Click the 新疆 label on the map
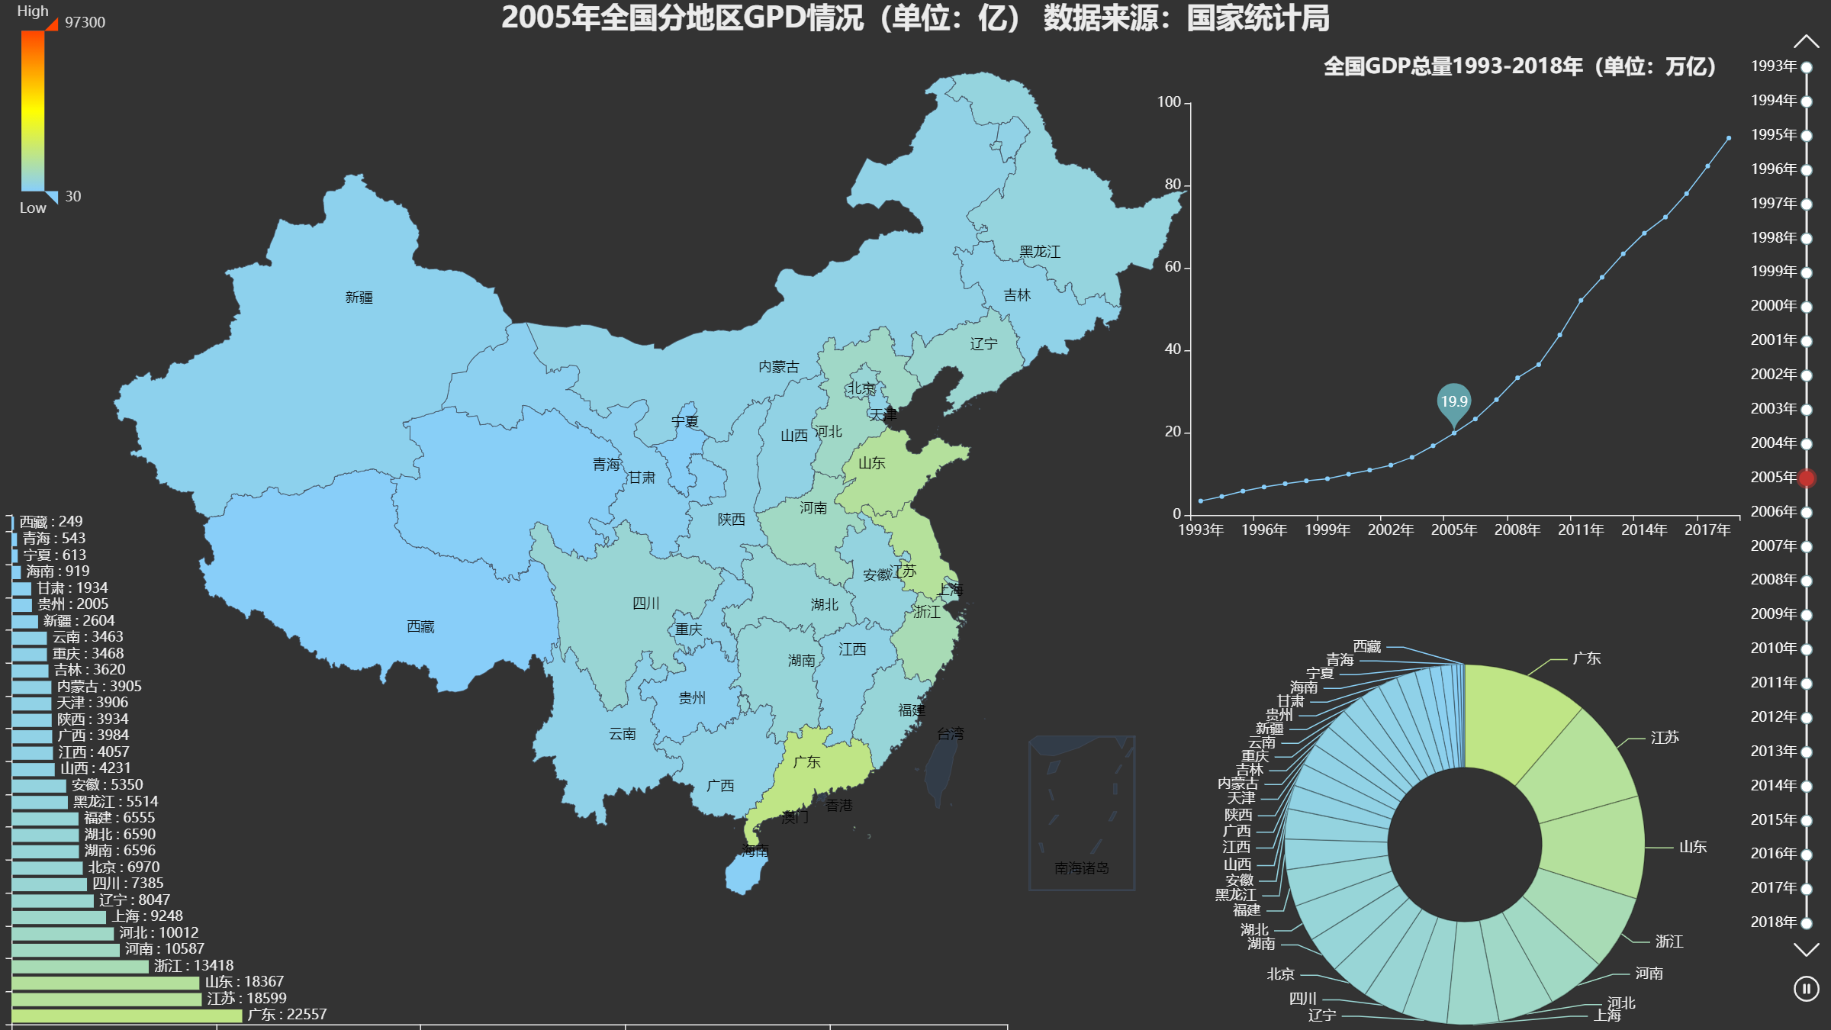[359, 298]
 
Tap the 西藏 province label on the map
[420, 626]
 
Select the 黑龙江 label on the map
[1039, 252]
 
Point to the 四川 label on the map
[645, 604]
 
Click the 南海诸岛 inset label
[1081, 867]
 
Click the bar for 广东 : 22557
[127, 1015]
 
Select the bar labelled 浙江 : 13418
[80, 966]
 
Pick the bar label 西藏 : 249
[50, 522]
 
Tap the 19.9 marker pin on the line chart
[1453, 402]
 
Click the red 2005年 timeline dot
[1806, 478]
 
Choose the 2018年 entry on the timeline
[1774, 922]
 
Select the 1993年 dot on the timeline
[1806, 67]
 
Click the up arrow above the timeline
[1806, 41]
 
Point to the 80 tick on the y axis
[1173, 185]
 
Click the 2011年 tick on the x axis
[1580, 529]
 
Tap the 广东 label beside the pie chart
[1586, 658]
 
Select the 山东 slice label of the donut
[1692, 847]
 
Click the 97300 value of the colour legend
[85, 22]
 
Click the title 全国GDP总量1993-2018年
[1519, 66]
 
